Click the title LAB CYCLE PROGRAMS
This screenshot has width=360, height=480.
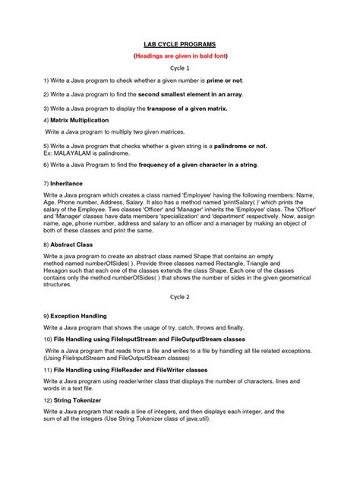pyautogui.click(x=180, y=44)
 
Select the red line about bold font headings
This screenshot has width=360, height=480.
pyautogui.click(x=180, y=56)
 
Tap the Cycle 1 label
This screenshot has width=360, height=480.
pyautogui.click(x=180, y=68)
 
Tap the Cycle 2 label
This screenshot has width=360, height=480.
pyautogui.click(x=180, y=295)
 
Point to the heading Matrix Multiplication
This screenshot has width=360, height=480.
pyautogui.click(x=80, y=120)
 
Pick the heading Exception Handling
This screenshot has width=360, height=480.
pyautogui.click(x=80, y=314)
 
